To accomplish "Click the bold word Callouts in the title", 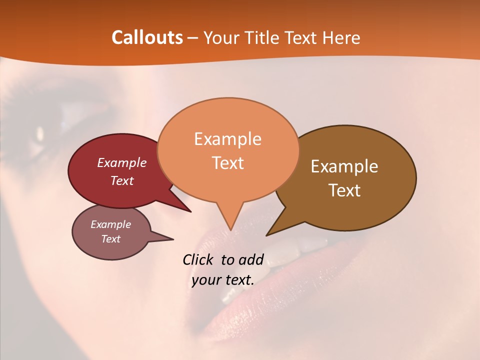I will tap(147, 37).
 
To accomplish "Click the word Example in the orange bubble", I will tap(227, 138).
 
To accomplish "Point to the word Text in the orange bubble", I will tap(227, 163).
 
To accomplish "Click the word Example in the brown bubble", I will tap(344, 166).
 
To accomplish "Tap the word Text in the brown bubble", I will tap(344, 190).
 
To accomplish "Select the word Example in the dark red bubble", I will tap(122, 162).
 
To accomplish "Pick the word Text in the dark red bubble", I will tap(122, 180).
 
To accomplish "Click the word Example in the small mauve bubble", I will tap(111, 224).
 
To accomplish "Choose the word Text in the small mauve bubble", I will tap(111, 239).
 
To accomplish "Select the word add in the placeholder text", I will tap(251, 259).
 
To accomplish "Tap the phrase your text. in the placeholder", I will tap(222, 280).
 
